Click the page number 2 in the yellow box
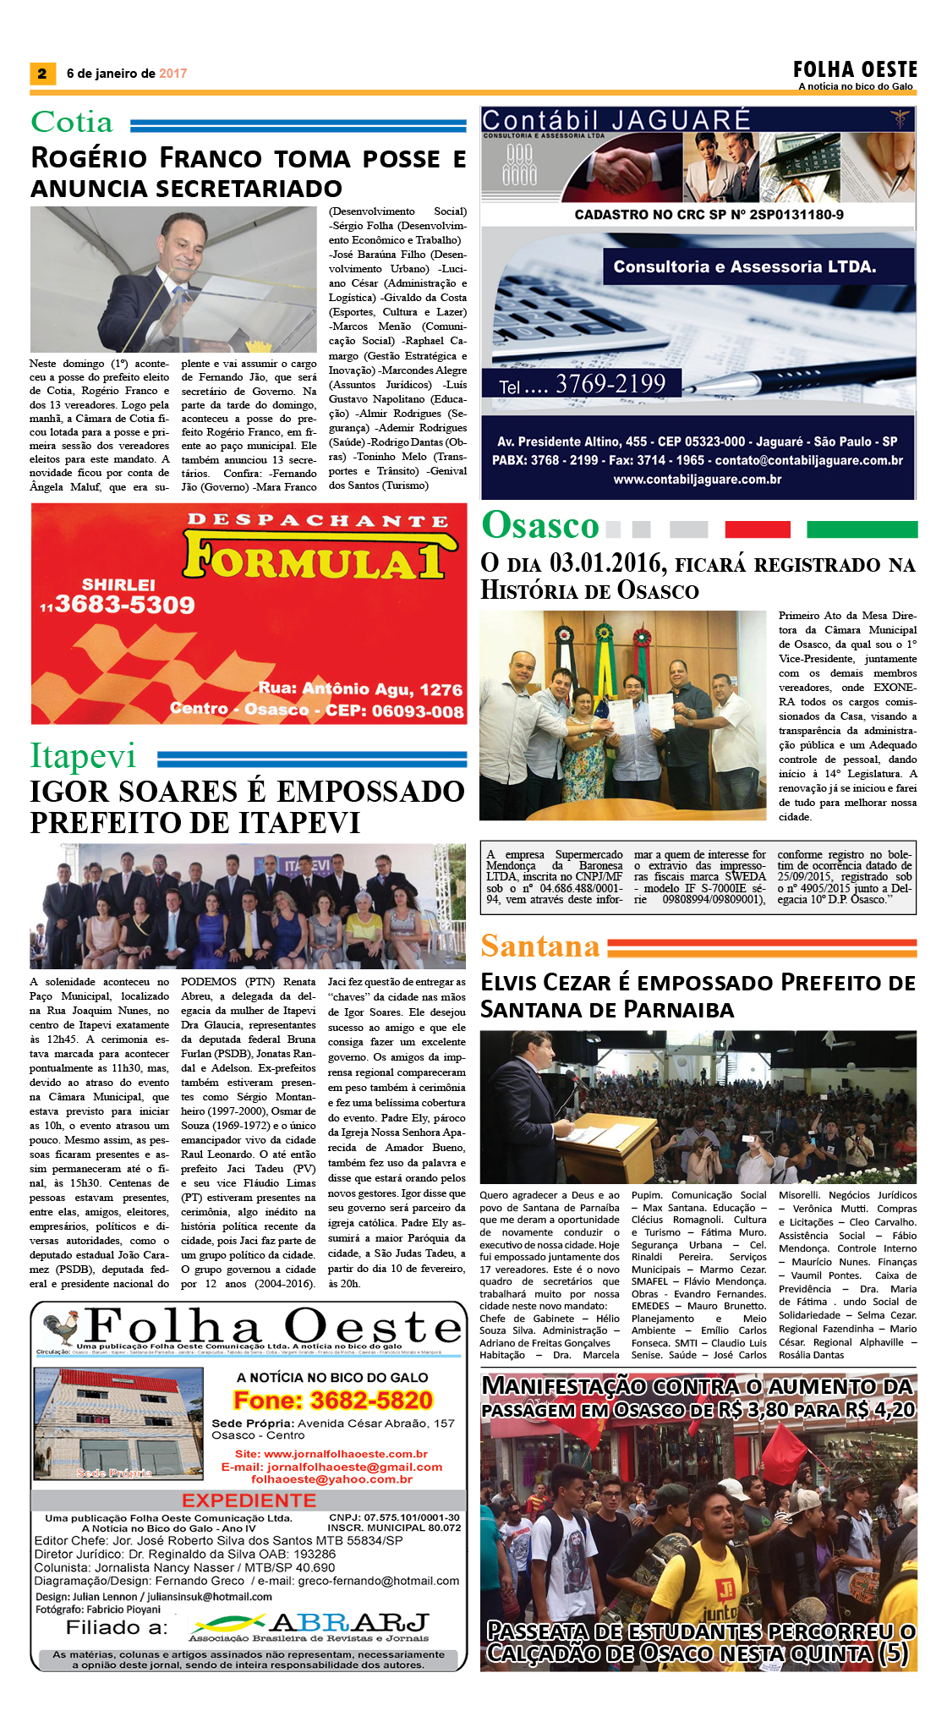click(41, 74)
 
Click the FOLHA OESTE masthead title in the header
click(855, 69)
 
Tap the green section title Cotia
click(72, 123)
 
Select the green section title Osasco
click(540, 526)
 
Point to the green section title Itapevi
click(83, 756)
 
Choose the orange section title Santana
click(540, 946)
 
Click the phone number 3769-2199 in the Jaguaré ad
click(610, 384)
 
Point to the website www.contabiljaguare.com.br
click(698, 480)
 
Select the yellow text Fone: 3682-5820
click(333, 1401)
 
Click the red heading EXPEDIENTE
click(249, 1500)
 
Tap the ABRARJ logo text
click(348, 1623)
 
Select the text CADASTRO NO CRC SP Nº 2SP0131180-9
click(709, 215)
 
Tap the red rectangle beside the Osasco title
click(757, 529)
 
